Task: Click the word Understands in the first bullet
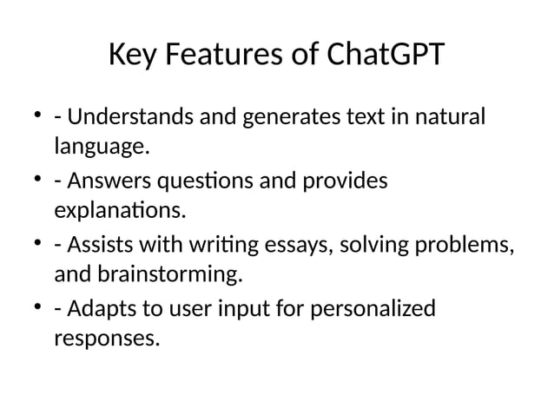[x=131, y=116]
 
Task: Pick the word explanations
[x=120, y=211]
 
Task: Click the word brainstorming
[x=146, y=276]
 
